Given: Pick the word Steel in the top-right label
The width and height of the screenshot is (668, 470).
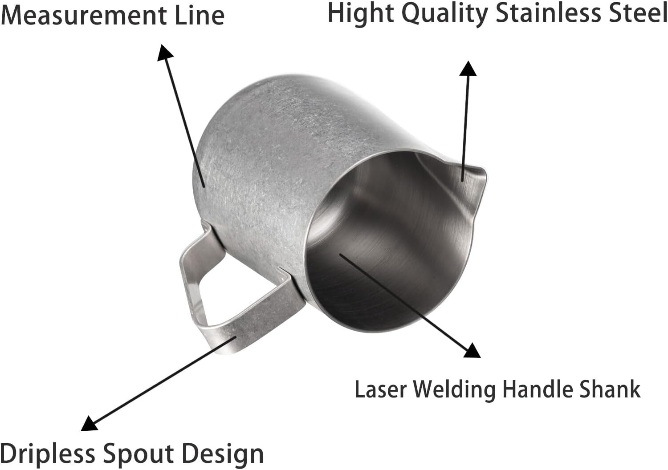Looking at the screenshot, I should click(639, 13).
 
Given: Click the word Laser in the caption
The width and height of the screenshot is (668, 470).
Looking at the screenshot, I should click(381, 390).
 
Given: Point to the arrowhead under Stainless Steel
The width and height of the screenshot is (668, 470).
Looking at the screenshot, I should click(468, 69).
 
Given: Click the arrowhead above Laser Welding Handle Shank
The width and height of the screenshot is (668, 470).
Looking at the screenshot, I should click(472, 350).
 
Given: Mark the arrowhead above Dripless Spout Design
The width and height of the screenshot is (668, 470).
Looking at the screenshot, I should click(90, 423).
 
